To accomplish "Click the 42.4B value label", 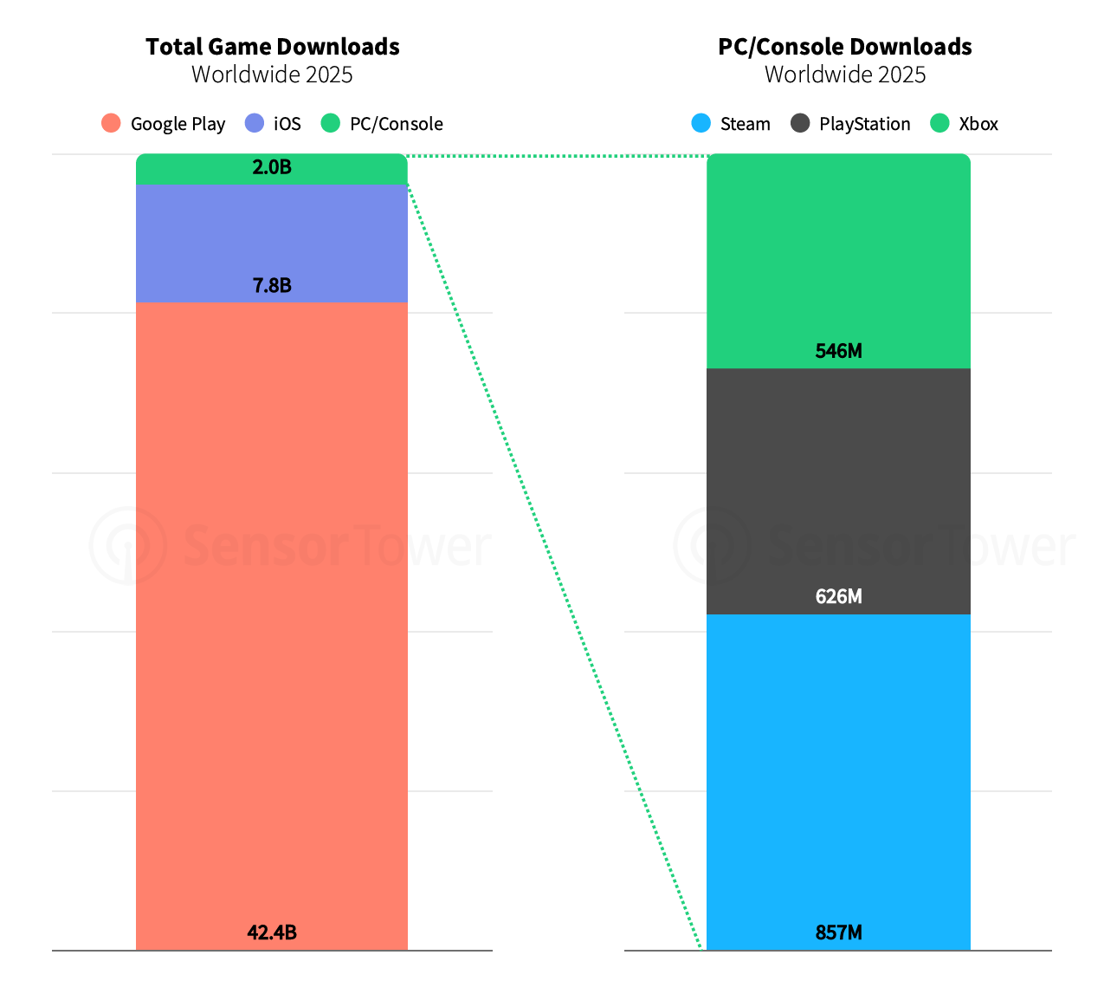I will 272,932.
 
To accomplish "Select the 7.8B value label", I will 272,285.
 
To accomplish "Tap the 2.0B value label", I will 272,167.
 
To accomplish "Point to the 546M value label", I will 838,351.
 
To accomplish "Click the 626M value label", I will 838,596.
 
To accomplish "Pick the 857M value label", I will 838,932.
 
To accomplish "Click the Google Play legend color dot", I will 111,123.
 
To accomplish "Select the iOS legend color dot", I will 255,123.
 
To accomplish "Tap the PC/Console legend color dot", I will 331,123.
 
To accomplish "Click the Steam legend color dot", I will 701,123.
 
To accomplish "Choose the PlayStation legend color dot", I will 800,123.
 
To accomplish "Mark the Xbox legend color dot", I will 939,123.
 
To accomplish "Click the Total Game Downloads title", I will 272,47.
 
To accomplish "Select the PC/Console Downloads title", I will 844,47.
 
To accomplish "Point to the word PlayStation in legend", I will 864,124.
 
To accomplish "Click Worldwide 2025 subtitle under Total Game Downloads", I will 272,75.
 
